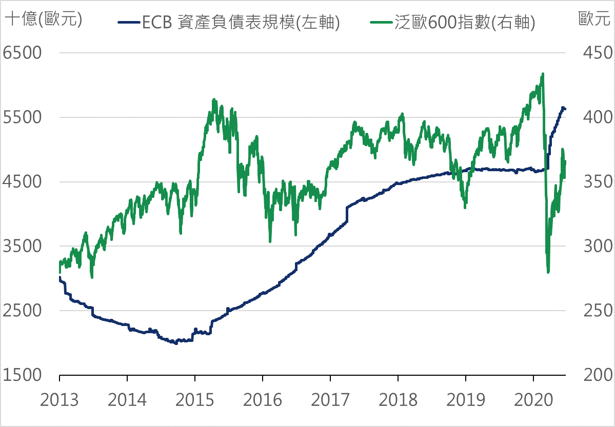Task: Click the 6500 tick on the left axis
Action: pyautogui.click(x=23, y=53)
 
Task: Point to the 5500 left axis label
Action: pyautogui.click(x=23, y=118)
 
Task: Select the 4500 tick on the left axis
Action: pyautogui.click(x=23, y=182)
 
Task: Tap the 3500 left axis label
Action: pyautogui.click(x=23, y=247)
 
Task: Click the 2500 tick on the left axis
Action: pyautogui.click(x=23, y=311)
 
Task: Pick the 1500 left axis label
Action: pyautogui.click(x=23, y=375)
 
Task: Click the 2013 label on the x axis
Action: pyautogui.click(x=59, y=400)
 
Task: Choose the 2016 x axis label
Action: pyautogui.click(x=263, y=400)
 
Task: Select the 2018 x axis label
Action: pyautogui.click(x=398, y=400)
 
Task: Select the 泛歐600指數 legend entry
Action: pyautogui.click(x=452, y=23)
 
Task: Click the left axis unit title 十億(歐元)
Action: pyautogui.click(x=43, y=19)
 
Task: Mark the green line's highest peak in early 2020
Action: pyautogui.click(x=543, y=74)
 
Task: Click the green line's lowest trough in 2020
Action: pyautogui.click(x=548, y=272)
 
